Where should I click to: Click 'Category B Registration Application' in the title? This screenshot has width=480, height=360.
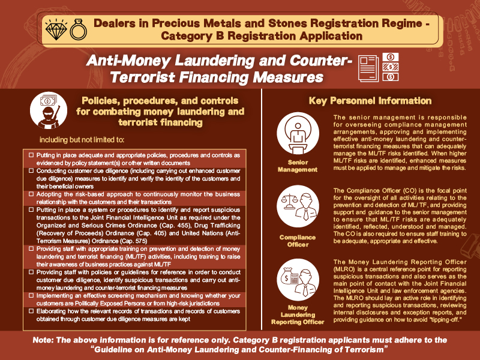click(262, 35)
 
